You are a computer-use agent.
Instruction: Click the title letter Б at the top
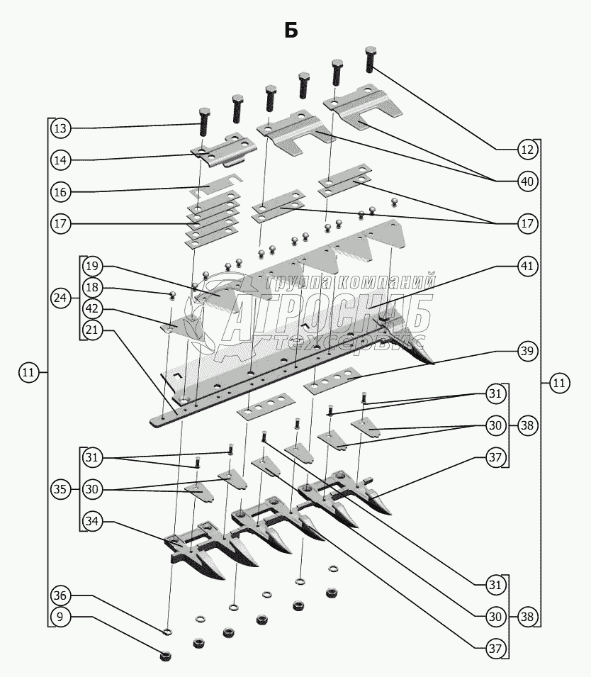click(291, 30)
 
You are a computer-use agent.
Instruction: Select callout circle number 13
click(61, 128)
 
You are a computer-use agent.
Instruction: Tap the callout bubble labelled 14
click(61, 160)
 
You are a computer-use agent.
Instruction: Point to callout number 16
click(61, 192)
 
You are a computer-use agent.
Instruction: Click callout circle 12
click(527, 150)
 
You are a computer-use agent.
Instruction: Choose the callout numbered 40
click(527, 181)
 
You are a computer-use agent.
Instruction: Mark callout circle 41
click(527, 266)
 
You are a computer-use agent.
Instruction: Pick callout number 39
click(527, 351)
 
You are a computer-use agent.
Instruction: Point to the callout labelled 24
click(61, 298)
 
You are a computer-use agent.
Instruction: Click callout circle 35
click(61, 488)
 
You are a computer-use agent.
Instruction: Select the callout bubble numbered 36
click(61, 596)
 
